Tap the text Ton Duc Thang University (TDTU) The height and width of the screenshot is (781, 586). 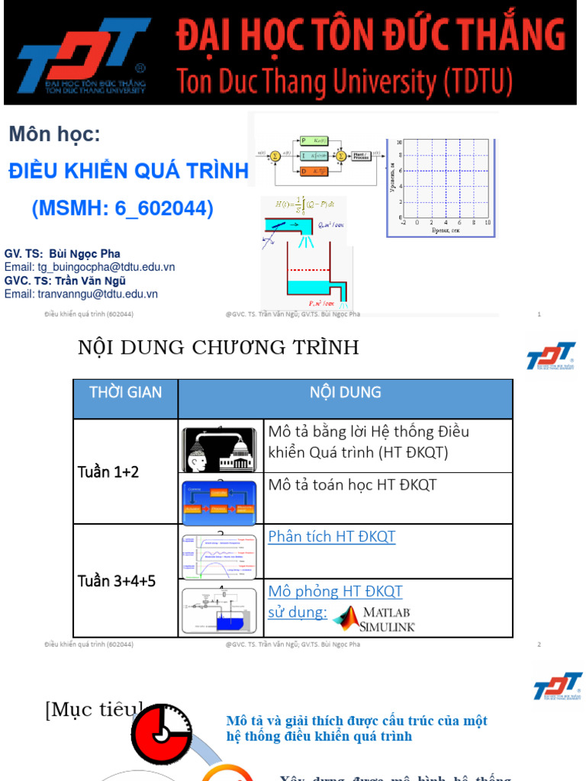coord(345,81)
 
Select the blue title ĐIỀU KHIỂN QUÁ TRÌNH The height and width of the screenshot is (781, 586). coord(128,172)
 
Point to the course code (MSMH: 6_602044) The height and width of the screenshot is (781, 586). coord(123,208)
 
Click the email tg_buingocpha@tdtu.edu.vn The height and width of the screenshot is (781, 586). coord(90,267)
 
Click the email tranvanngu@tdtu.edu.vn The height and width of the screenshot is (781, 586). coord(81,294)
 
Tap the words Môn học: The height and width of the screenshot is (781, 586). coord(54,135)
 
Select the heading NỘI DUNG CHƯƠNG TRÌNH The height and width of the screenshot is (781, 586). coord(218,348)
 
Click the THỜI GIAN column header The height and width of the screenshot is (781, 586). coord(125,393)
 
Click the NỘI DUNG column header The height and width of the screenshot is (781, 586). coord(345,393)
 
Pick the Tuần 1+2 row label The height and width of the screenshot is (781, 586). coord(108,472)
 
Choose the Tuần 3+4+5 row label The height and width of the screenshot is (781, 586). coord(117,581)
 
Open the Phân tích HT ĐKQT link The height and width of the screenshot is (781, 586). coord(332,536)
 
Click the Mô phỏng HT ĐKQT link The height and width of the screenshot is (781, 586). coord(335,591)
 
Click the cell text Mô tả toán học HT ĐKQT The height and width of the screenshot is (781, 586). coord(353,484)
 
